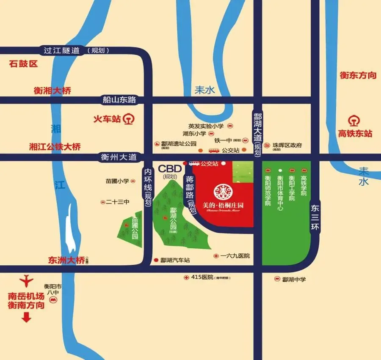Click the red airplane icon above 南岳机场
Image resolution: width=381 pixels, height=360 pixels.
27,280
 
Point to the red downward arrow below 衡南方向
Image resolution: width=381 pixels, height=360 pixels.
27,317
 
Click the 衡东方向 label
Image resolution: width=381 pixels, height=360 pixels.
358,75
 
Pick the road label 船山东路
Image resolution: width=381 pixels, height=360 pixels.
119,100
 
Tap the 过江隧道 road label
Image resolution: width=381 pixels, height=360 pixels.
62,50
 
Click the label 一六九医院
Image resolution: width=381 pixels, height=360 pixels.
235,256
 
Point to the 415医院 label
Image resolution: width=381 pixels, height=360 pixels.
202,278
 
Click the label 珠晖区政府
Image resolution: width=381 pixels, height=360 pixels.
287,145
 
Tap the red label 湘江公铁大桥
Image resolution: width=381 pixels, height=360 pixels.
55,147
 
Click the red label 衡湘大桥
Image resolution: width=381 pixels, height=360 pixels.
52,90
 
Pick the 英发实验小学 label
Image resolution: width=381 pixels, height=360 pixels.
206,126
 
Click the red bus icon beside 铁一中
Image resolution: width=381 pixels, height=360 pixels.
214,150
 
